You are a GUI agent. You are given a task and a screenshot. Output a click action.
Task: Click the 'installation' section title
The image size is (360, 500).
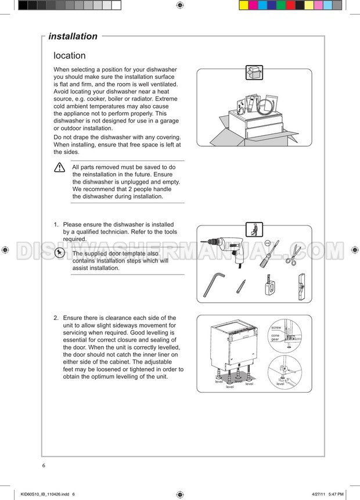(73, 37)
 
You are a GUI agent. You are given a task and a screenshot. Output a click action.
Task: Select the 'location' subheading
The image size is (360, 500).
(70, 56)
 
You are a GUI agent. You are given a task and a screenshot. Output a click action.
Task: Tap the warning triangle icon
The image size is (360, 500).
(60, 167)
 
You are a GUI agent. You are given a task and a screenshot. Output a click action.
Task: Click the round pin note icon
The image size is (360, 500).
(59, 253)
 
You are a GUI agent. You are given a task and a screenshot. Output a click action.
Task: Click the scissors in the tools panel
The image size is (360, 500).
(293, 254)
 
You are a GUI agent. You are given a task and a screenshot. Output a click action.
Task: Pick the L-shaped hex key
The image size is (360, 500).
(213, 285)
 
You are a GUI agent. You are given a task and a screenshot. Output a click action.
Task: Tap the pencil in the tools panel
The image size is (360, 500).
(241, 286)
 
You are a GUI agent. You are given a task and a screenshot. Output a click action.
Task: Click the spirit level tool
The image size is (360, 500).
(301, 287)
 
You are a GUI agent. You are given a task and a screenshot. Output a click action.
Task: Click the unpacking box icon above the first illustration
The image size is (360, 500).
(254, 73)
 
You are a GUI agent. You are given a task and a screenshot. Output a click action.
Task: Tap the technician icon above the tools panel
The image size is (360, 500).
(254, 229)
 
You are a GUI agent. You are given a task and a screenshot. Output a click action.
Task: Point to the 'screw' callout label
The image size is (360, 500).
(276, 328)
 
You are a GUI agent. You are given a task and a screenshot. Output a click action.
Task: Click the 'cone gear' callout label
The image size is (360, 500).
(275, 337)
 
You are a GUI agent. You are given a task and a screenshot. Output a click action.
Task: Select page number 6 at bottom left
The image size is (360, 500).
(44, 466)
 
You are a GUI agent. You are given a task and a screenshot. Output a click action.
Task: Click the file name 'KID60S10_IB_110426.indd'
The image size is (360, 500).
(45, 494)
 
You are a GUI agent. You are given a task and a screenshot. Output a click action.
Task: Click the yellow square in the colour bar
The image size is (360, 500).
(244, 5)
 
